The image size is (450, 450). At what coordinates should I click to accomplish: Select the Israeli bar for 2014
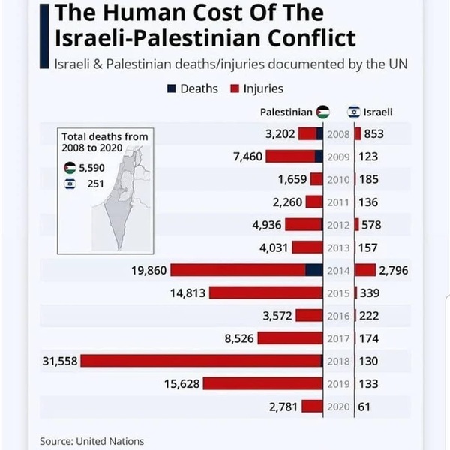click(x=365, y=270)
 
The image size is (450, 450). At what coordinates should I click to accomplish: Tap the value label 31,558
click(x=60, y=361)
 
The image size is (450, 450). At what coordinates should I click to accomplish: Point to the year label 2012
click(x=338, y=225)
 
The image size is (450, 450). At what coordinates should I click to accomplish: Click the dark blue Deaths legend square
click(x=172, y=88)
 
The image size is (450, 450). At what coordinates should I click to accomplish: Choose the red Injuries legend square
click(x=235, y=88)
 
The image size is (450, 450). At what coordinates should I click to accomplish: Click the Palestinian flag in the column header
click(x=322, y=112)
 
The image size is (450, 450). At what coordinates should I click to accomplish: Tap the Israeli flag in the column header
click(x=353, y=112)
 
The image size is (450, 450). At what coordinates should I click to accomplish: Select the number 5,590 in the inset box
click(x=91, y=168)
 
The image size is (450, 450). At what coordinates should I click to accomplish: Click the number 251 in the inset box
click(x=94, y=183)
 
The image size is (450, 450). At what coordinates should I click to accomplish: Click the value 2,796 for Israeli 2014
click(x=393, y=270)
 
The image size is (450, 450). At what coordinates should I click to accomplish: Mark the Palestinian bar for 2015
click(x=265, y=292)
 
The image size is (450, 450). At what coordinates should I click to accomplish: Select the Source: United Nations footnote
click(x=91, y=441)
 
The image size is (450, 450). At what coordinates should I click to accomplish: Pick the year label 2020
click(x=338, y=406)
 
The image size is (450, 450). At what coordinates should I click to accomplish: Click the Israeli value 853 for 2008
click(x=376, y=134)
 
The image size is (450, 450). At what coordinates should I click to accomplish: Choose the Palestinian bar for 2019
click(x=262, y=383)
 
